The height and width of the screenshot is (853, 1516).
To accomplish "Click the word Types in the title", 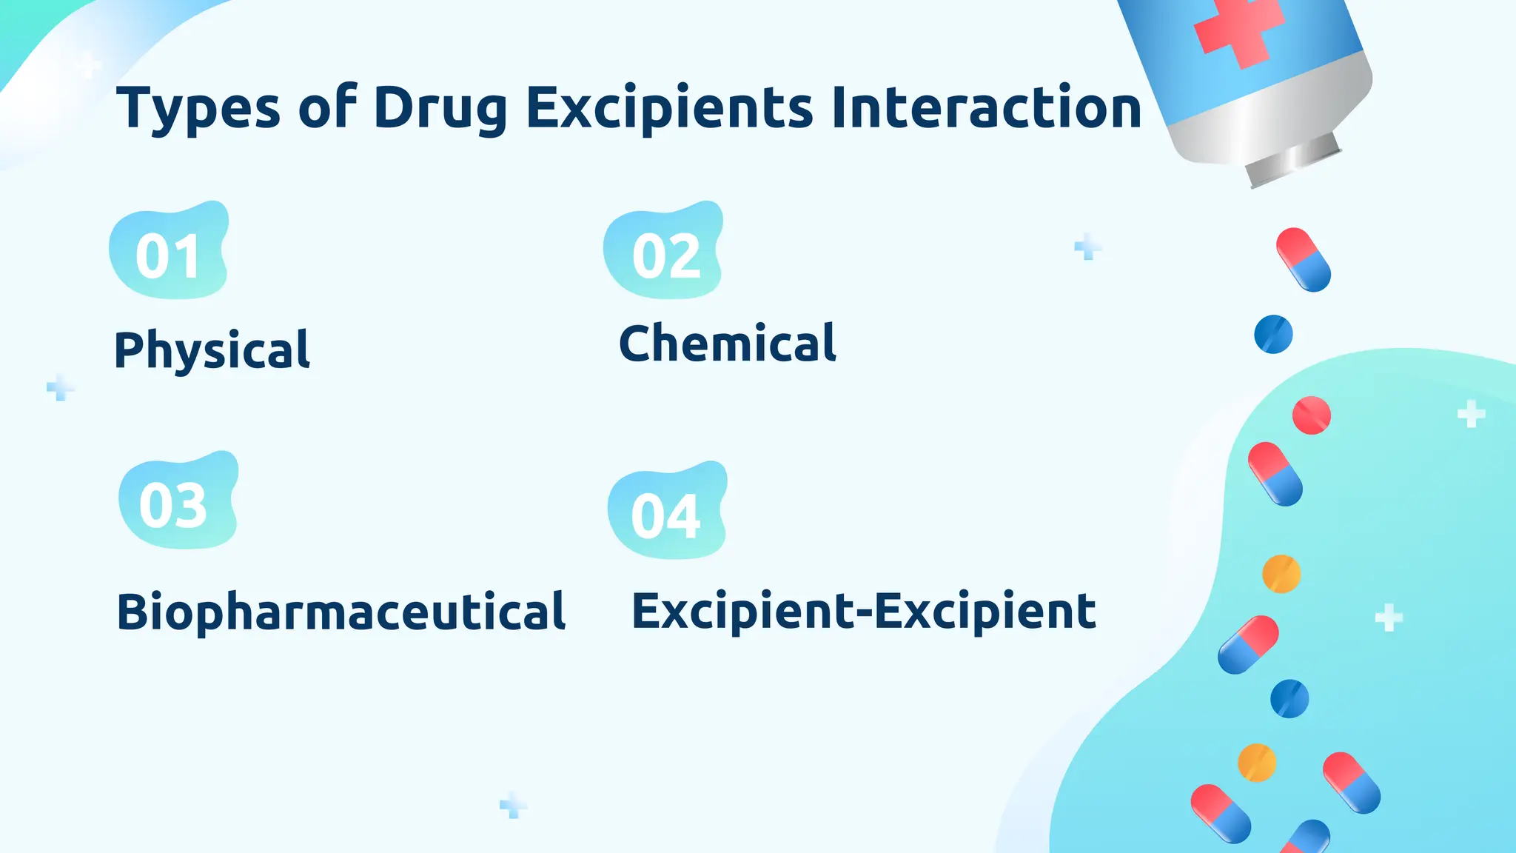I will click(x=198, y=109).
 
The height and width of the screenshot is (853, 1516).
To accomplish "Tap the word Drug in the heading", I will click(x=440, y=109).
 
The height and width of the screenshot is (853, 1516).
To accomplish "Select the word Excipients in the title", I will click(x=669, y=109).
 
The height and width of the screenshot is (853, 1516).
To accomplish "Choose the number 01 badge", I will click(x=169, y=252).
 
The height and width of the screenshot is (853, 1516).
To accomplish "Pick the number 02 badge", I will click(x=664, y=252).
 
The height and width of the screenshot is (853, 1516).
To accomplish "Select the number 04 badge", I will click(x=667, y=512).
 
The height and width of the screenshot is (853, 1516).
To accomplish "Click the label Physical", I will click(x=212, y=349).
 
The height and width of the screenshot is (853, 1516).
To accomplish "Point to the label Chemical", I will click(x=728, y=344).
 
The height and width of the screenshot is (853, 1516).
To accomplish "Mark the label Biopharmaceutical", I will click(x=341, y=612).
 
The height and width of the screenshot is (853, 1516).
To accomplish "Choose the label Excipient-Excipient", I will click(x=863, y=612).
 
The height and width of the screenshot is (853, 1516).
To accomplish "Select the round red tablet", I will click(x=1311, y=415).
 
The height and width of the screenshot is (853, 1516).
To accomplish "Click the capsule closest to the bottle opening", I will click(x=1304, y=259).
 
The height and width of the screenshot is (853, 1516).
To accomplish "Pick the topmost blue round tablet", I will click(x=1273, y=334).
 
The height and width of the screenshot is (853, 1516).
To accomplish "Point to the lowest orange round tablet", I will click(x=1257, y=763).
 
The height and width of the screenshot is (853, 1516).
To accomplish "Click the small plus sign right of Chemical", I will click(x=1087, y=247).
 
